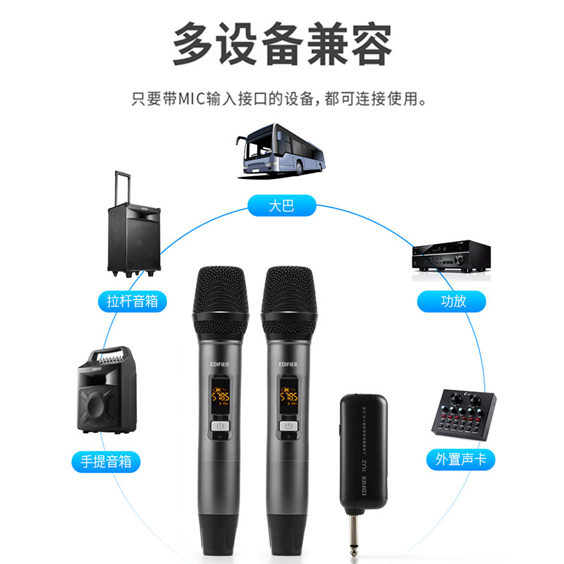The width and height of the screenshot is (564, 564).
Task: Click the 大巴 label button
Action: coord(281,206)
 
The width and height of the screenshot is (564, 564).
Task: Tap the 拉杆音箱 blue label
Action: coord(133,302)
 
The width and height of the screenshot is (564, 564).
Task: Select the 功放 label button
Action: coord(453,301)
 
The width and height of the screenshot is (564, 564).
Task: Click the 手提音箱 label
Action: coord(106,462)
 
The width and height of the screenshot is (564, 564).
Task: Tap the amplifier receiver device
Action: coord(450,255)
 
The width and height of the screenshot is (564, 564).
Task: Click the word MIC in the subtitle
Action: coord(190,98)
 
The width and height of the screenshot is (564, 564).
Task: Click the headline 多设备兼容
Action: coord(281,44)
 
